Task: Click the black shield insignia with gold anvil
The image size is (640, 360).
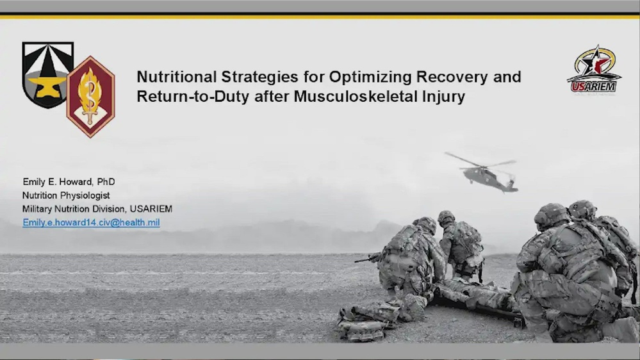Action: (x=47, y=74)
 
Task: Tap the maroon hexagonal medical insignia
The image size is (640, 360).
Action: (x=90, y=96)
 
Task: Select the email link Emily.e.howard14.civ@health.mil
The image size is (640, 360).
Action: (x=91, y=223)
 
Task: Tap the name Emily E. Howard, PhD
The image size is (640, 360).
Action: (x=69, y=182)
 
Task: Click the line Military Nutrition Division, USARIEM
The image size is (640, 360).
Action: (x=97, y=209)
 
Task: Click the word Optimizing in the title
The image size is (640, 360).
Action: (x=362, y=78)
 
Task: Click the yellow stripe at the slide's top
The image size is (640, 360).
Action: (x=320, y=16)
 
